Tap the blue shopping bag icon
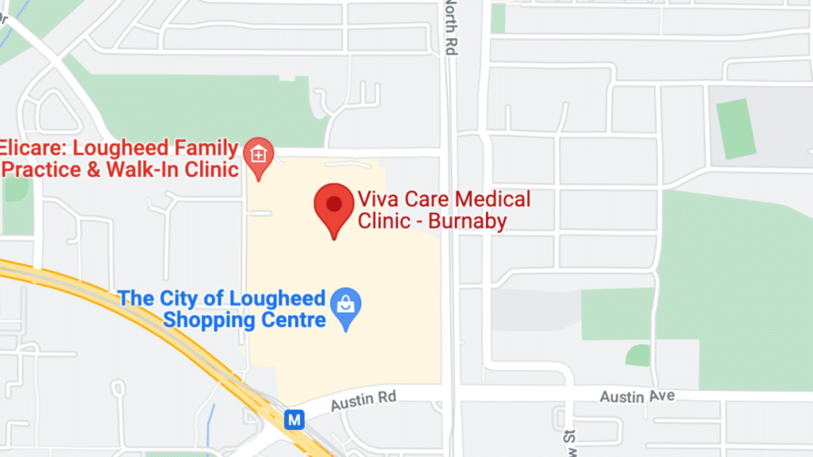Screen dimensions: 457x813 point(346,305)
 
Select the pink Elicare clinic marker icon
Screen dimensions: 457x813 point(258,152)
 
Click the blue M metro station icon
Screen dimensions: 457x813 point(295,420)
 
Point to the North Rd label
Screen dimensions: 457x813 point(451,28)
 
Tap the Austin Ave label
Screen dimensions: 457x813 point(637,395)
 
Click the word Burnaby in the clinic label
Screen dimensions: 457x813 point(467,221)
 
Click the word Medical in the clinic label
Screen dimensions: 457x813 point(489,198)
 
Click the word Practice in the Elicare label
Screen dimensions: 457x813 point(40,170)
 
